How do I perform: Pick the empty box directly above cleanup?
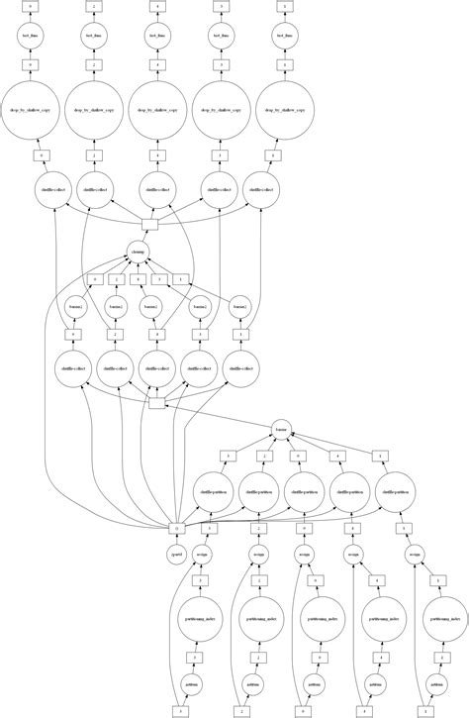click(x=150, y=224)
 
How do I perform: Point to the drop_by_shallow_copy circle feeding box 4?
click(x=157, y=111)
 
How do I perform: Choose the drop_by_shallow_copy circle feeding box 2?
click(x=94, y=111)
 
